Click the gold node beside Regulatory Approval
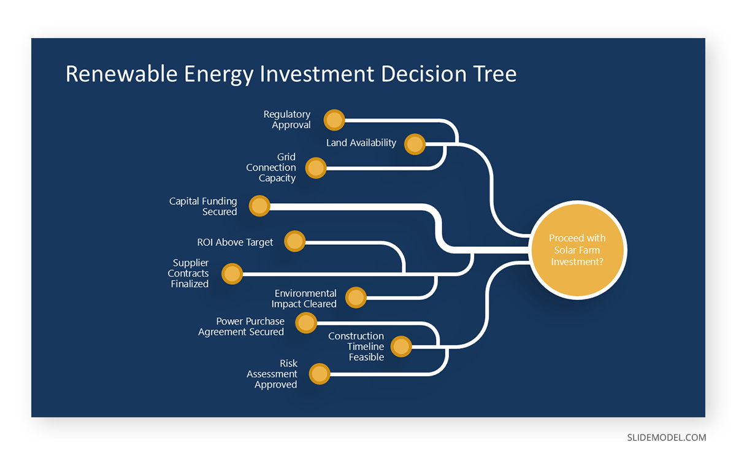334,120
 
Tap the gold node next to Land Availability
415,144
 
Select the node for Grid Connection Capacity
316,168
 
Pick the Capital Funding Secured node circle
260,206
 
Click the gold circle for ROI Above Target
295,242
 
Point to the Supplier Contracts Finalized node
232,274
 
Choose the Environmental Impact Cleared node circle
356,298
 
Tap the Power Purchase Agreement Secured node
306,323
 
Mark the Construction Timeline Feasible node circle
401,347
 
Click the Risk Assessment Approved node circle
320,374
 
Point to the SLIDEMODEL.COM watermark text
666,438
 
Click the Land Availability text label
361,143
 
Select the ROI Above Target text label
235,242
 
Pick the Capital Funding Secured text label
203,206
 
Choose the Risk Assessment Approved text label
272,374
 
